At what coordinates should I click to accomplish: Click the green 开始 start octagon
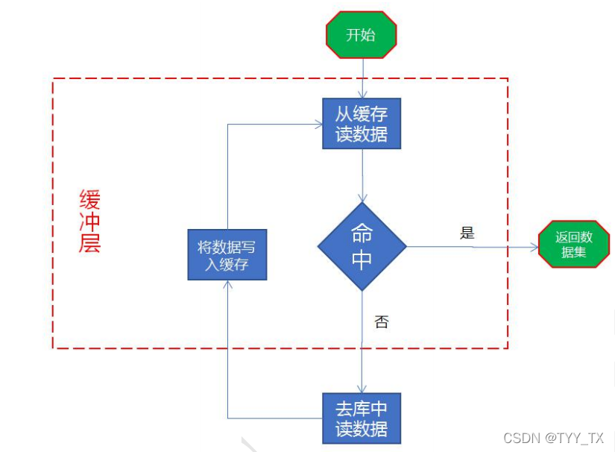[x=362, y=34]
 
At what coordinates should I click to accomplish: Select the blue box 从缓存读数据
[x=362, y=124]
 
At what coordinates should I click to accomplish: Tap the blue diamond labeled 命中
[x=362, y=245]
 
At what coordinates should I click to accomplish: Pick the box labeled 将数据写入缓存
[x=227, y=255]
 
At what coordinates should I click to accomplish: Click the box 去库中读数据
[x=362, y=418]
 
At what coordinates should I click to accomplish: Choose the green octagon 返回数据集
[x=574, y=245]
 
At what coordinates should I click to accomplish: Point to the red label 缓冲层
[x=89, y=222]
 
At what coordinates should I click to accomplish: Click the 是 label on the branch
[x=467, y=233]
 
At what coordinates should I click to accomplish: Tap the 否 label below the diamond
[x=381, y=322]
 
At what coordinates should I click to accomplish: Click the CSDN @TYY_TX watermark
[x=553, y=438]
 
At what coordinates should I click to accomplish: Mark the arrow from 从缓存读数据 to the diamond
[x=362, y=175]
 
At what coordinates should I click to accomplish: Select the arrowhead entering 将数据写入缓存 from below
[x=227, y=285]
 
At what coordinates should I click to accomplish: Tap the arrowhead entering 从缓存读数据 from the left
[x=318, y=124]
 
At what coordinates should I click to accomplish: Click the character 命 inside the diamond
[x=362, y=233]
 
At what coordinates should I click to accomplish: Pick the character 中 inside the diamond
[x=362, y=260]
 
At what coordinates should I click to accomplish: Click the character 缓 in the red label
[x=89, y=200]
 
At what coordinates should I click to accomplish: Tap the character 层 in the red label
[x=89, y=243]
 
